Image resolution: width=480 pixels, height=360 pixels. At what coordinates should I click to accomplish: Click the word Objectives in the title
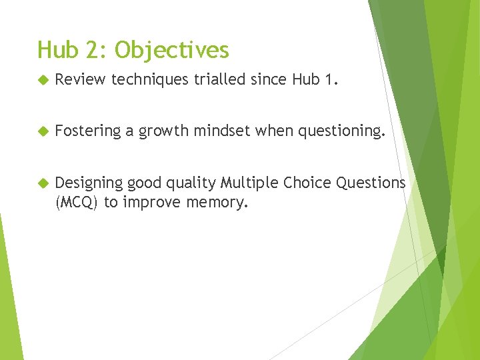point(171,51)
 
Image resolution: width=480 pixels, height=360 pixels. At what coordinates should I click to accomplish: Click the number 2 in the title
point(99,50)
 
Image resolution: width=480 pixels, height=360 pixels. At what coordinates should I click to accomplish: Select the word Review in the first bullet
point(80,80)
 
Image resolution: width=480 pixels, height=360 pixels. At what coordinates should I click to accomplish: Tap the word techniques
point(151,81)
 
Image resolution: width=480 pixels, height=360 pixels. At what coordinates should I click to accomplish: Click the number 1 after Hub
point(331,80)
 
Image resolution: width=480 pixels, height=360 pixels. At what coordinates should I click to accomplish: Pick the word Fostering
point(87,131)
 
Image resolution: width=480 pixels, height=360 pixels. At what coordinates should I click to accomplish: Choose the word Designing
point(89,183)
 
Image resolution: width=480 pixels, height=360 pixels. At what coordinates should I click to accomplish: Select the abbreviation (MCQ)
point(77,203)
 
